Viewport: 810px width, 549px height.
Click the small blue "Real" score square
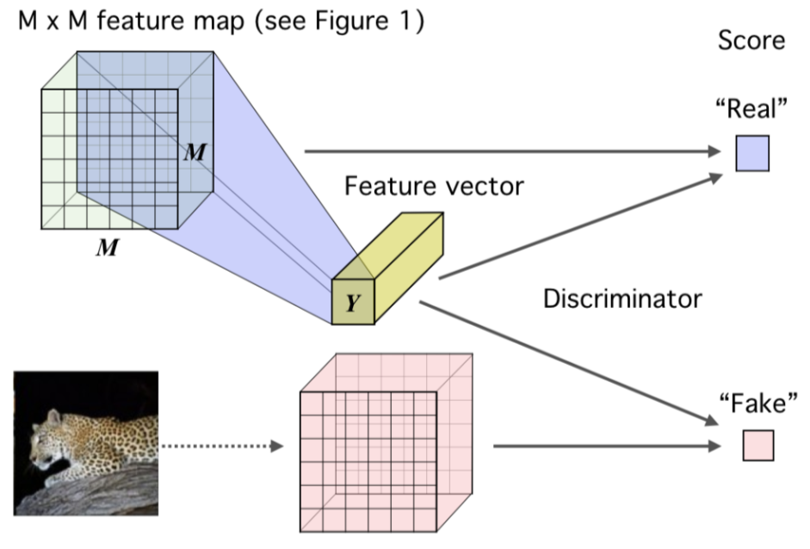(x=751, y=154)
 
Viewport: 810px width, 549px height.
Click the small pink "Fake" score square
(x=757, y=445)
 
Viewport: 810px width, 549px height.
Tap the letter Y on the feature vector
(x=352, y=302)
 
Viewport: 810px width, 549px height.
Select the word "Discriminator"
(x=622, y=299)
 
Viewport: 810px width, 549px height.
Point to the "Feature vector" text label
(x=433, y=184)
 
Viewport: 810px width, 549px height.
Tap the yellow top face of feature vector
(x=400, y=241)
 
